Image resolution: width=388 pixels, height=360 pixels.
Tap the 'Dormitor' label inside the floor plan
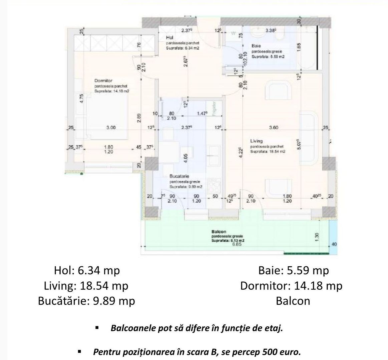[103, 81]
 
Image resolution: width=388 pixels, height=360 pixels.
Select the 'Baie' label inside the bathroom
[257, 45]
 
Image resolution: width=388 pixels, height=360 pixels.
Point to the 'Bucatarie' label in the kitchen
[179, 176]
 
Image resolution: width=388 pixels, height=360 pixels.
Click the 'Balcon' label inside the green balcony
[219, 232]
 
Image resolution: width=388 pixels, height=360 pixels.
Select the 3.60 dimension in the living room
[274, 127]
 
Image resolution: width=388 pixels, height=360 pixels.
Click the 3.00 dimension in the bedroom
[110, 127]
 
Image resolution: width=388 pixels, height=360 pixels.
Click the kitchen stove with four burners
[213, 185]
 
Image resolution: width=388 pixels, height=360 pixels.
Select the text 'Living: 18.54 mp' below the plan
[86, 286]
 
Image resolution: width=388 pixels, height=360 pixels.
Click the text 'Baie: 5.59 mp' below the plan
[294, 270]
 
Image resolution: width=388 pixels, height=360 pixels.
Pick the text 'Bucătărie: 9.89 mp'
[86, 301]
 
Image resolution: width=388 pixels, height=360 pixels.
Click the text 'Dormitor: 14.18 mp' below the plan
[291, 286]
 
